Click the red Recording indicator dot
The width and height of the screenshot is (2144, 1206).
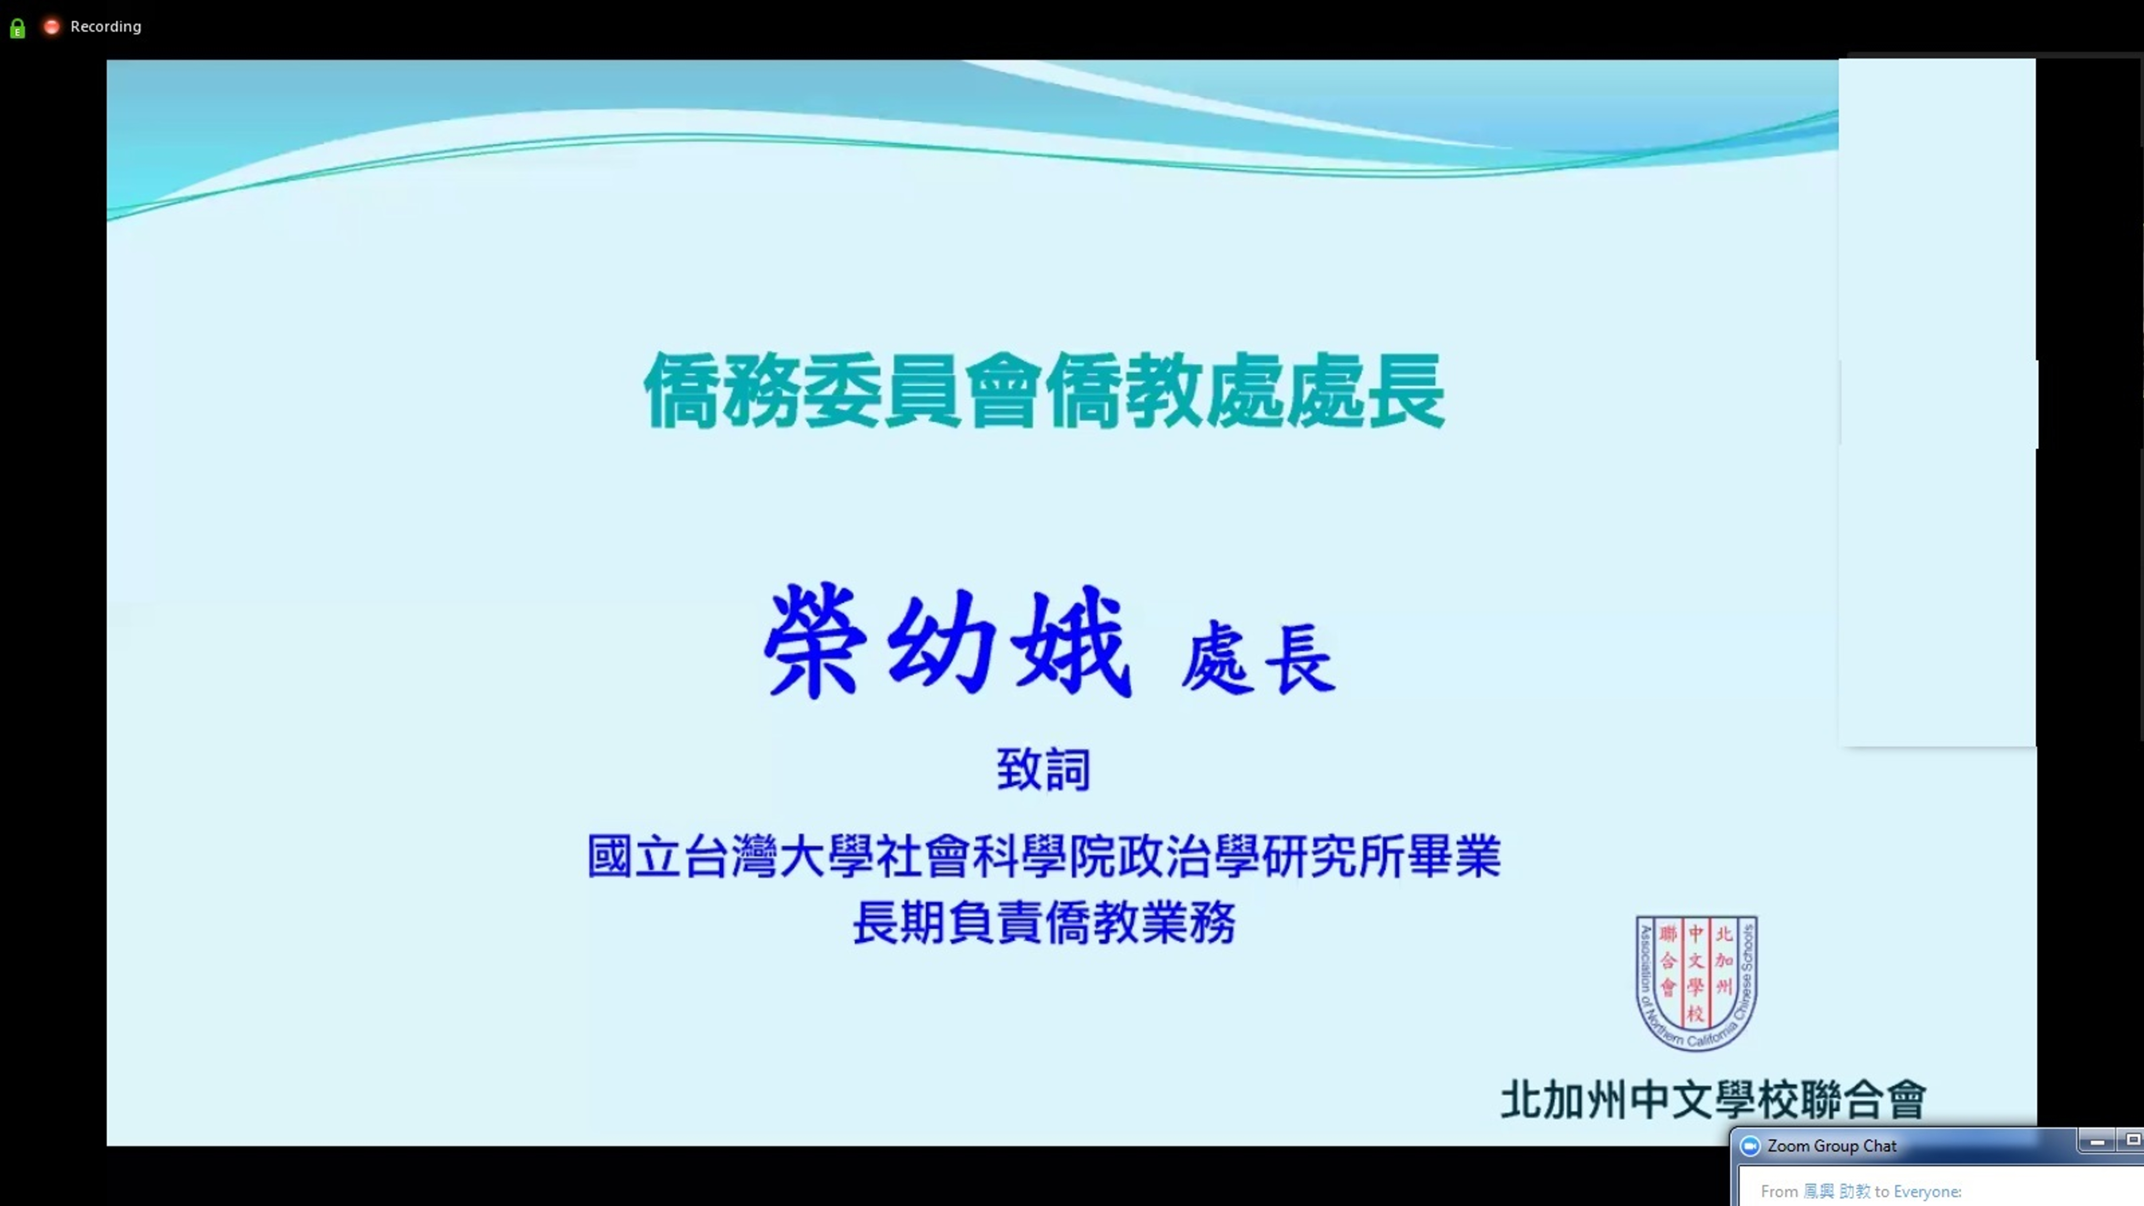coord(52,27)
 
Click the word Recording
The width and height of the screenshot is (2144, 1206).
coord(106,27)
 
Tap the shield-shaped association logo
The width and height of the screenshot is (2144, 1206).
coord(1696,982)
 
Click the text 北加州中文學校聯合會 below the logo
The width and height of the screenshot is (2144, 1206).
coord(1713,1099)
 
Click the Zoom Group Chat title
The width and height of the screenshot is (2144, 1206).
coord(1831,1146)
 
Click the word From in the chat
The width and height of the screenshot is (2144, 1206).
coord(1779,1192)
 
